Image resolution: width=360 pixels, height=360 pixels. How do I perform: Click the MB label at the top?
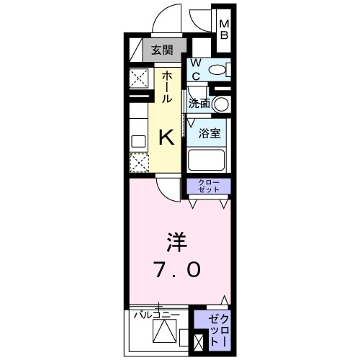(x=224, y=28)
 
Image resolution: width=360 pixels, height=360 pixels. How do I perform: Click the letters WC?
(x=195, y=70)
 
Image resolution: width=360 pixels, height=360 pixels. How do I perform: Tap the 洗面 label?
(x=199, y=104)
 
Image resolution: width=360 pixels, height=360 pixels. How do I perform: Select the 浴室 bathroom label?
(x=210, y=132)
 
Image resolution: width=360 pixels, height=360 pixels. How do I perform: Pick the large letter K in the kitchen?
(x=166, y=137)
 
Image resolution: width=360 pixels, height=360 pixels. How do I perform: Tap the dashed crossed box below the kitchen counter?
(x=138, y=162)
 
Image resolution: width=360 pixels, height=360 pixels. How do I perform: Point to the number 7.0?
(x=175, y=270)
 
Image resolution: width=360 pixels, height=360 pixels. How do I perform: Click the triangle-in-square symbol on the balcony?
(x=163, y=330)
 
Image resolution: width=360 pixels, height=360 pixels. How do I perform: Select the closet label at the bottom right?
(x=217, y=328)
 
